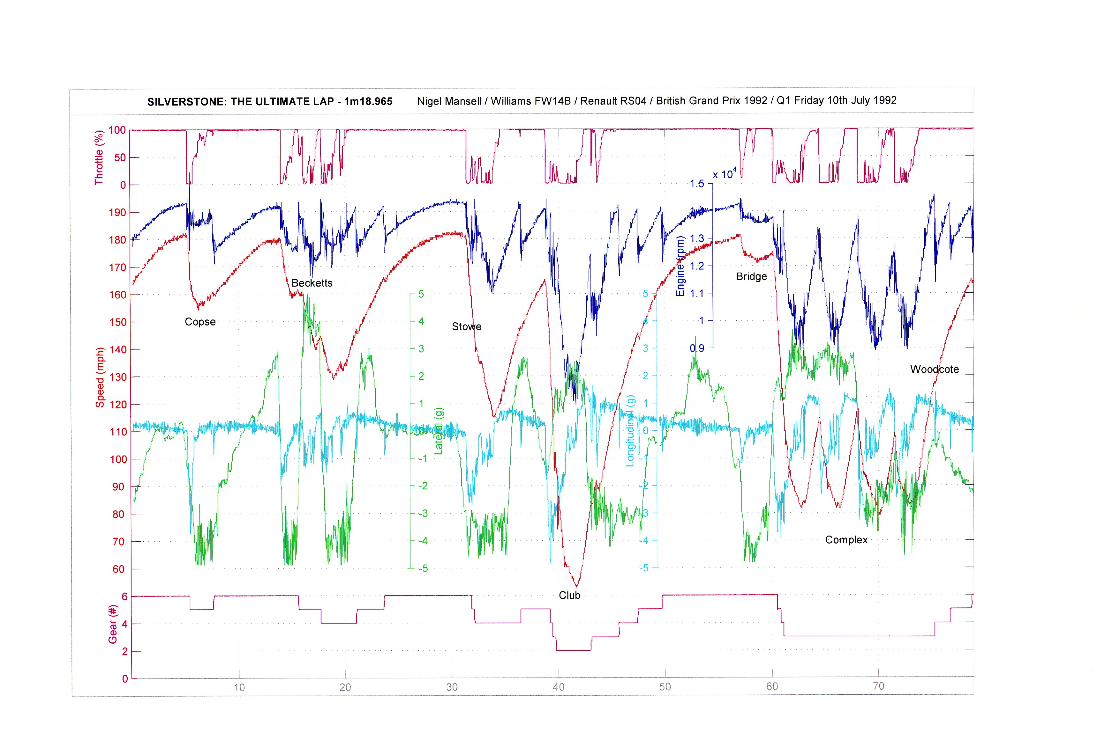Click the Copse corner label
tap(200, 322)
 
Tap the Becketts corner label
tap(312, 283)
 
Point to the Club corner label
tap(569, 596)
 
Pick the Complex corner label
tap(846, 540)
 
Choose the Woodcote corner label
tap(934, 369)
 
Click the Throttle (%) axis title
tap(99, 157)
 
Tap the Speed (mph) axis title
tap(100, 377)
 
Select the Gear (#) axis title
tap(112, 624)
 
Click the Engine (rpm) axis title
tap(680, 267)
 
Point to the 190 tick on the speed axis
tap(117, 212)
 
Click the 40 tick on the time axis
tap(558, 687)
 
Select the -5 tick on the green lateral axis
tap(422, 568)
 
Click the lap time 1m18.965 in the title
tap(368, 101)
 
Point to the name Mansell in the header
tap(463, 101)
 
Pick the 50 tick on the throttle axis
tap(120, 157)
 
